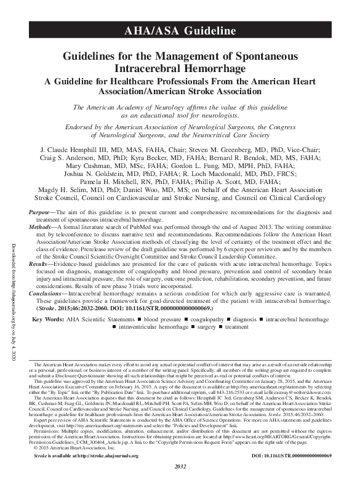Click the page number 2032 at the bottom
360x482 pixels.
(180, 477)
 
